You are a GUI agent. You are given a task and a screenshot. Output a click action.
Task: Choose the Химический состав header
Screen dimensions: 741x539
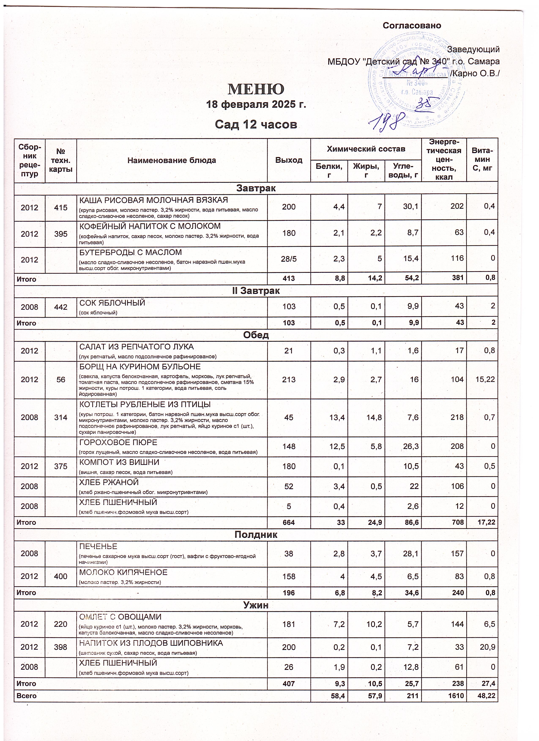366,149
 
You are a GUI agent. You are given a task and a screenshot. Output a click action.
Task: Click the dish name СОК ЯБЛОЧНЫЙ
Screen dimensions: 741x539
112,303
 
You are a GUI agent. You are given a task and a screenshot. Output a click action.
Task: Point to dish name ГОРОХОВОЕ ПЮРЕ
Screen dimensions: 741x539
118,442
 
